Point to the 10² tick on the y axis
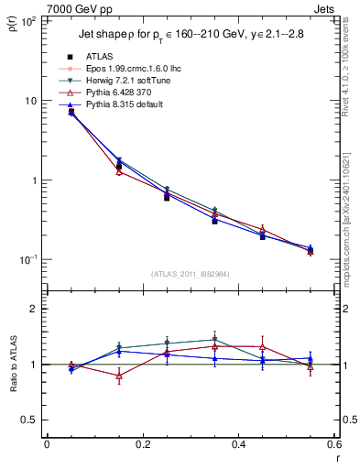click(x=28, y=21)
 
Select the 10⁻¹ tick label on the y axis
click(x=28, y=260)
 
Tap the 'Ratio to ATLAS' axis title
click(x=11, y=365)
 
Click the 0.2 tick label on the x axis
click(x=143, y=444)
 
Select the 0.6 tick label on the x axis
click(x=335, y=444)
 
